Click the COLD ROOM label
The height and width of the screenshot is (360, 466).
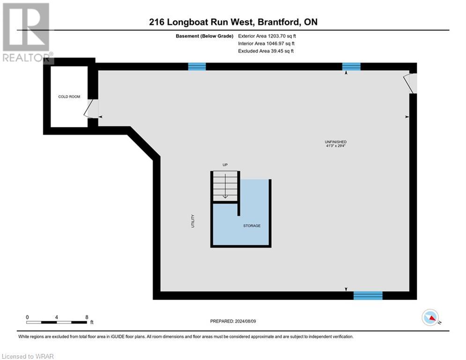click(69, 97)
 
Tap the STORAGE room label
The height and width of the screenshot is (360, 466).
click(251, 226)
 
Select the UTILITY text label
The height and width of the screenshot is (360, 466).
click(192, 221)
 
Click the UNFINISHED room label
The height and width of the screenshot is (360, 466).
click(336, 142)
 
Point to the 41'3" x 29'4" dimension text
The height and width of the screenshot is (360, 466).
click(336, 146)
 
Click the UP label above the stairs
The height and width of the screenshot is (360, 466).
click(225, 165)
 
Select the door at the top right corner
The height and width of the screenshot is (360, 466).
click(411, 83)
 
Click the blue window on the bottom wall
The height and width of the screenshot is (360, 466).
click(368, 295)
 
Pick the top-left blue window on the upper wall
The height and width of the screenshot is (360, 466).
click(197, 67)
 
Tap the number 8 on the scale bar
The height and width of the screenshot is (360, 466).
click(87, 317)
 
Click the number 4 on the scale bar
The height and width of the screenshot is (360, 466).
click(56, 317)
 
